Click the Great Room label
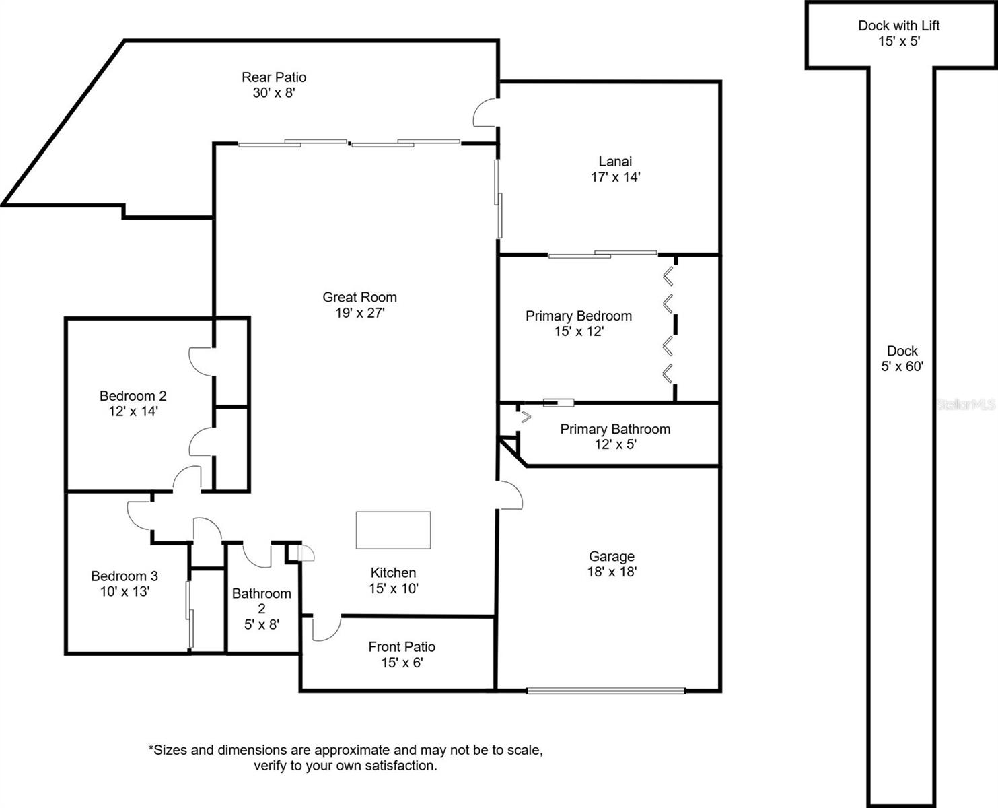(x=359, y=297)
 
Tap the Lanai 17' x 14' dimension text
(x=615, y=177)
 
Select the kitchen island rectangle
(x=393, y=530)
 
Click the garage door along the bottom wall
(x=606, y=690)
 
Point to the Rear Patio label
(x=274, y=77)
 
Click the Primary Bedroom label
(x=579, y=316)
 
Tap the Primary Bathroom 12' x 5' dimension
(x=616, y=444)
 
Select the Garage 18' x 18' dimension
(x=612, y=571)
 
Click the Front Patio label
(x=402, y=647)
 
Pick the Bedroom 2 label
(x=133, y=395)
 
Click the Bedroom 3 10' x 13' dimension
(x=124, y=591)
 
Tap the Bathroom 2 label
(x=262, y=601)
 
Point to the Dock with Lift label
(x=898, y=26)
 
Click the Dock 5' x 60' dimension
(x=902, y=366)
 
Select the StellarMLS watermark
(x=966, y=404)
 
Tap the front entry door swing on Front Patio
(x=326, y=629)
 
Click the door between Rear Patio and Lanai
(x=485, y=112)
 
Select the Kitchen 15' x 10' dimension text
(x=394, y=588)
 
